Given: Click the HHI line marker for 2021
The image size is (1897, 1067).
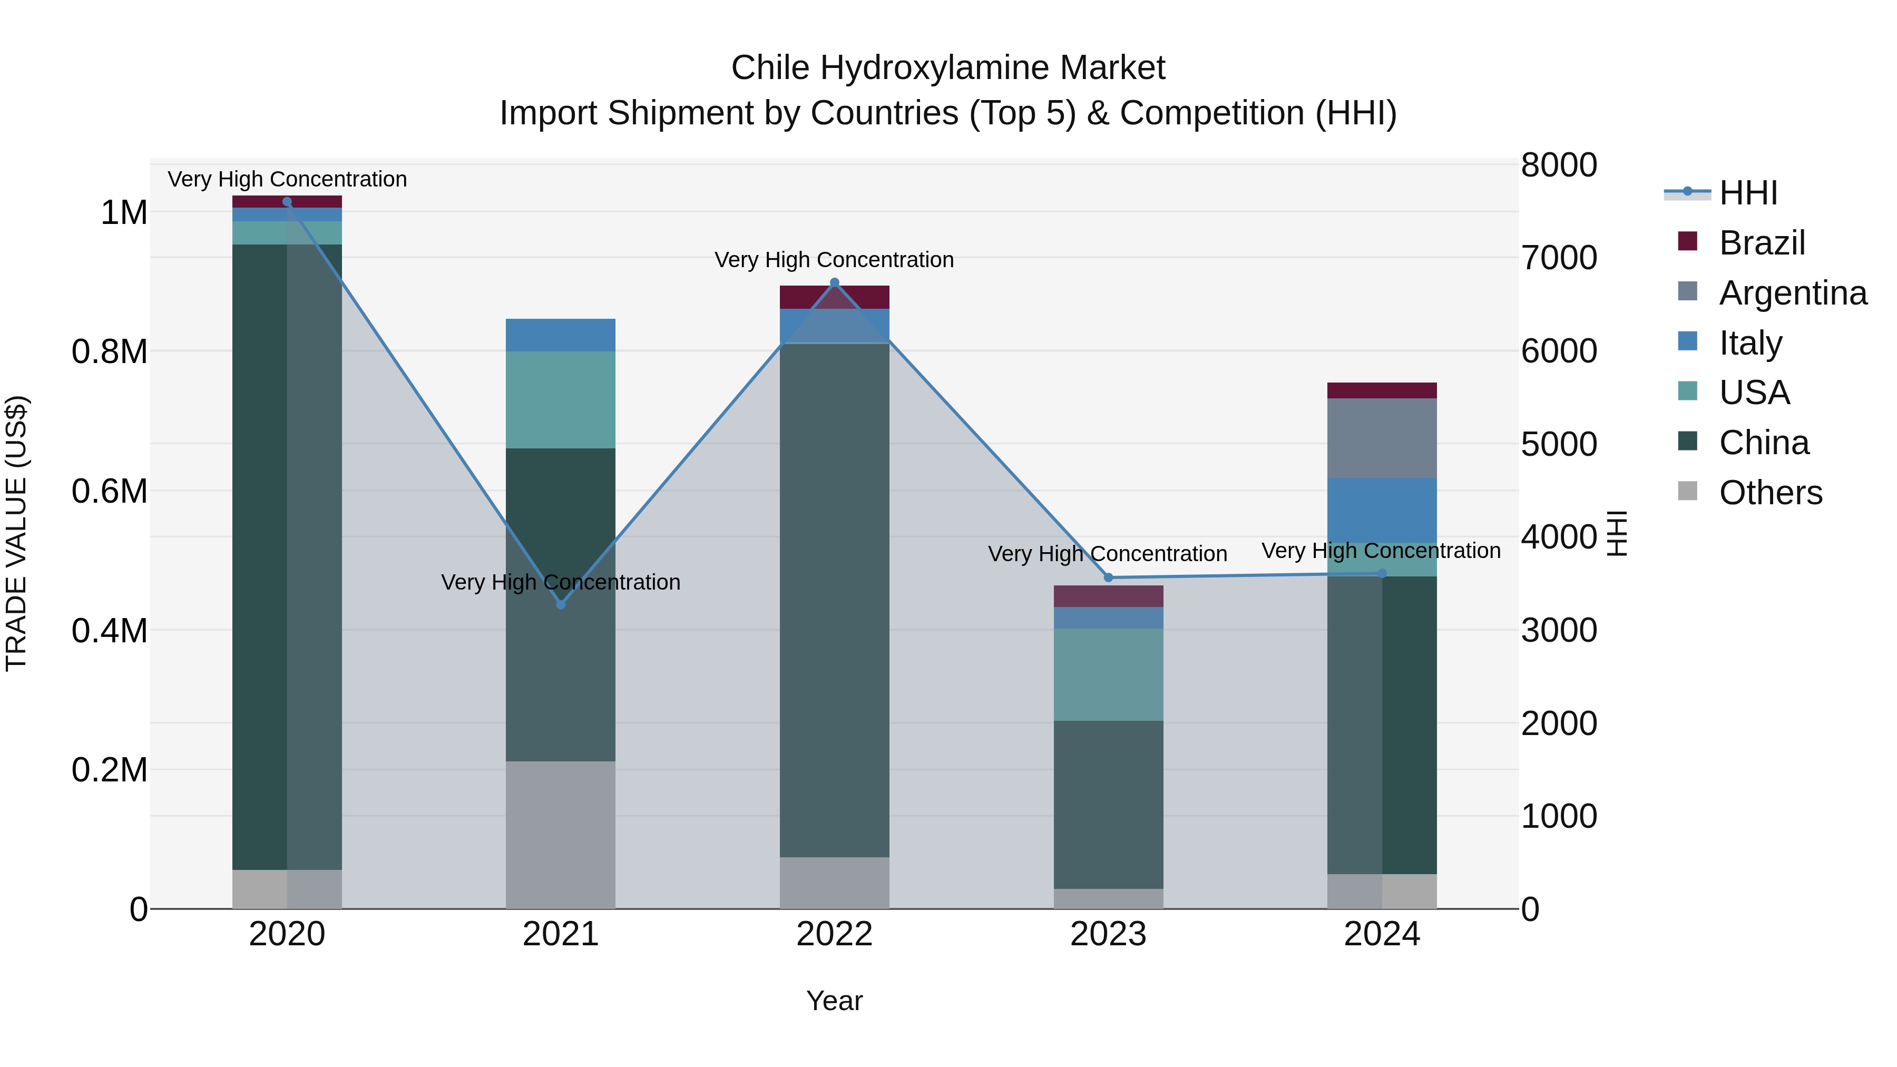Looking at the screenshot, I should click(x=561, y=604).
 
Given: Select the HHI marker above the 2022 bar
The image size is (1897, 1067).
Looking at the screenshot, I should click(x=834, y=283).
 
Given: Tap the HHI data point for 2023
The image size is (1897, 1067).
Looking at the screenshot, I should click(x=1108, y=577).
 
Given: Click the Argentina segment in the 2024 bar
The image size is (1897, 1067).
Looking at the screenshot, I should click(x=1382, y=438).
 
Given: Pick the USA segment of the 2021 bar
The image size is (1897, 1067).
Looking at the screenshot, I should click(x=561, y=400).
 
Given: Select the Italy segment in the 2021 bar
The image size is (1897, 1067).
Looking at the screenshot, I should click(x=561, y=335).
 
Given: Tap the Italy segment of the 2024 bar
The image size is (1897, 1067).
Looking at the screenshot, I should click(x=1382, y=510).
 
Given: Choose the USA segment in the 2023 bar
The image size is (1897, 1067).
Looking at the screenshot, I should click(x=1108, y=674).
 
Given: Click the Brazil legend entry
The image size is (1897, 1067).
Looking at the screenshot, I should click(x=1762, y=243).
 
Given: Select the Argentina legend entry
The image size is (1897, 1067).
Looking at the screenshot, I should click(x=1793, y=293).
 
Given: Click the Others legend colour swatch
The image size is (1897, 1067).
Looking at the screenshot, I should click(x=1687, y=491).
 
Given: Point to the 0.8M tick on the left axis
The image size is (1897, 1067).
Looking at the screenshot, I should click(x=110, y=352).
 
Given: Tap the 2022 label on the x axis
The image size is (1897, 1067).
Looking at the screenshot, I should click(x=834, y=934).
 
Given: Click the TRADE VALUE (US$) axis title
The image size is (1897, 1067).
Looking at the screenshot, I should click(x=16, y=533).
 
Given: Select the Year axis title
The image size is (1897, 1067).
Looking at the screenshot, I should click(x=834, y=1001).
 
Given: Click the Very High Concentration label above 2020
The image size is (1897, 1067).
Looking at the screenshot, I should click(x=287, y=179).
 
